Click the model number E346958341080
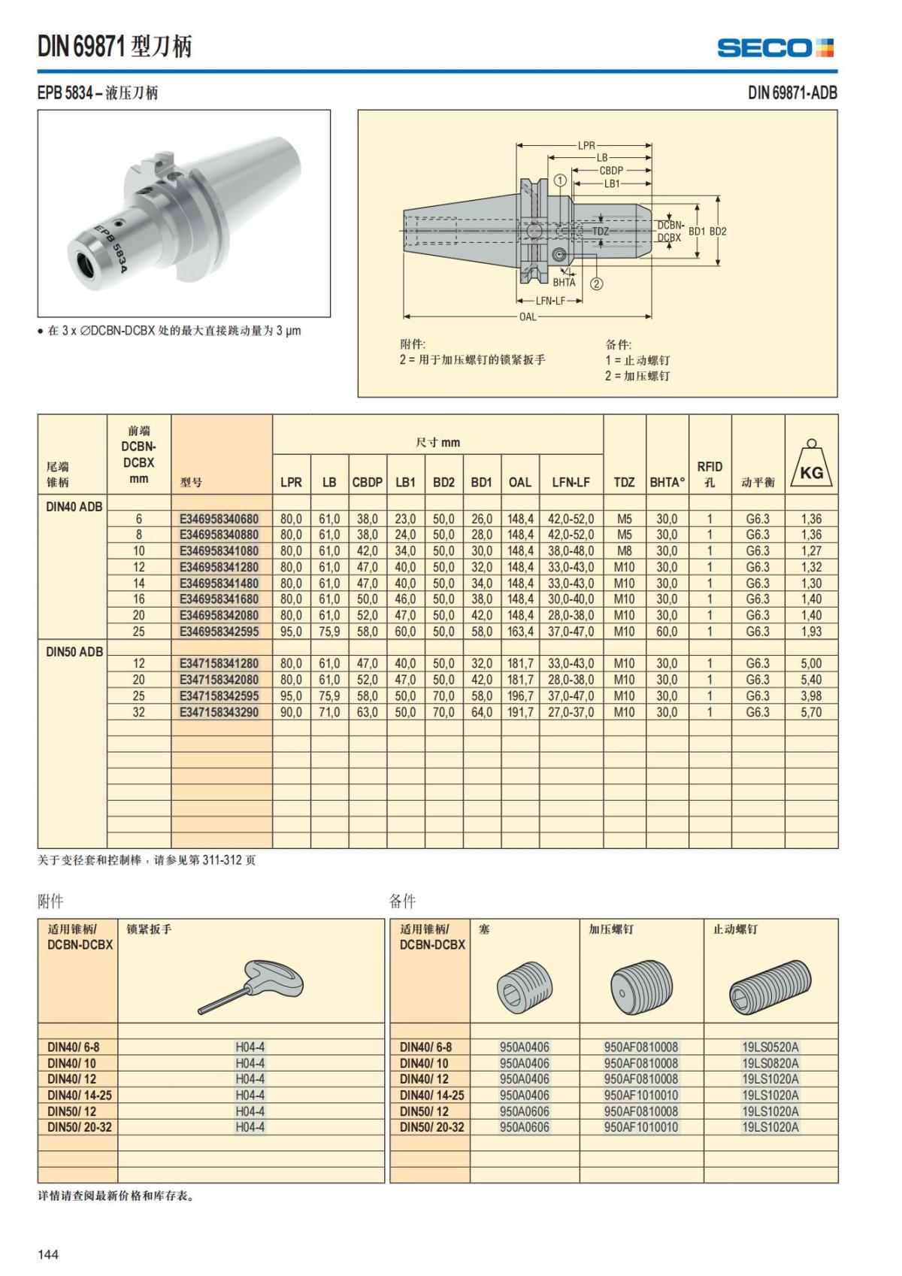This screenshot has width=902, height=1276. [x=219, y=551]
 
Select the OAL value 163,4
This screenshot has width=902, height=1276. [x=519, y=632]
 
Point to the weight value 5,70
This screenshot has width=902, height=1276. [x=811, y=712]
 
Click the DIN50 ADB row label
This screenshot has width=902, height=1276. [x=74, y=652]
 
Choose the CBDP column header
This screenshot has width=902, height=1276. [x=367, y=482]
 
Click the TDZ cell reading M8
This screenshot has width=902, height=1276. [x=624, y=551]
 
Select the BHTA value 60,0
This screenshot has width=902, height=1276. [x=667, y=632]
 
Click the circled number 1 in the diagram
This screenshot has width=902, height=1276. [x=560, y=180]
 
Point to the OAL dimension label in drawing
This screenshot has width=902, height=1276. [x=528, y=317]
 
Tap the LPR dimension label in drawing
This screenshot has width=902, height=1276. [x=586, y=145]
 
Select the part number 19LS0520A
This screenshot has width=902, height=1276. [x=770, y=1047]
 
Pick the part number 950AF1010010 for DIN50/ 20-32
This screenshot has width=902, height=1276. [x=640, y=1127]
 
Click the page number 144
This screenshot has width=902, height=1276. [x=48, y=1254]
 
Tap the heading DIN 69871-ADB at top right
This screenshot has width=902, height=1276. [x=792, y=92]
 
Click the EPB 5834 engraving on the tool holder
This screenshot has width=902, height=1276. [x=110, y=247]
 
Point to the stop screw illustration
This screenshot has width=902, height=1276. [x=770, y=987]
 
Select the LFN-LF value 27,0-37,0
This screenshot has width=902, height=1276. [x=571, y=712]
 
